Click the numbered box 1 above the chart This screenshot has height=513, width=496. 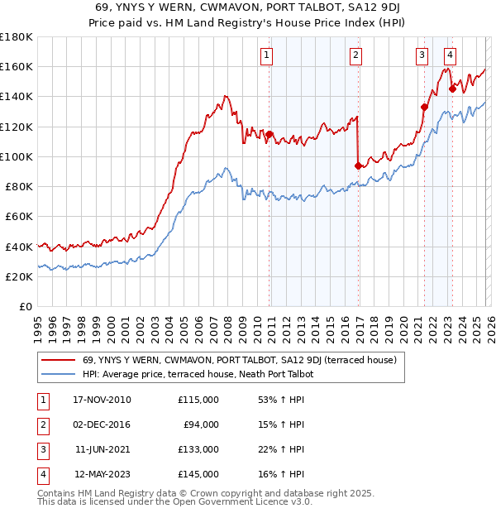point(268,55)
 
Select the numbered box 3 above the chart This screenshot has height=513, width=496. point(422,55)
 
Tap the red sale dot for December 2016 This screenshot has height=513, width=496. point(358,165)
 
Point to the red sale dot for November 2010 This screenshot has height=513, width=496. point(269,134)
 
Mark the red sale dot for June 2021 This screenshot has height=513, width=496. point(424,107)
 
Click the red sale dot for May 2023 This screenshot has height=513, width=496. point(452,89)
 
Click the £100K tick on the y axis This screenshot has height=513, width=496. point(17,156)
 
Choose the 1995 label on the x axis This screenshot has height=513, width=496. point(38,324)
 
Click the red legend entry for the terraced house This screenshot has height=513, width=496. point(240,360)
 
